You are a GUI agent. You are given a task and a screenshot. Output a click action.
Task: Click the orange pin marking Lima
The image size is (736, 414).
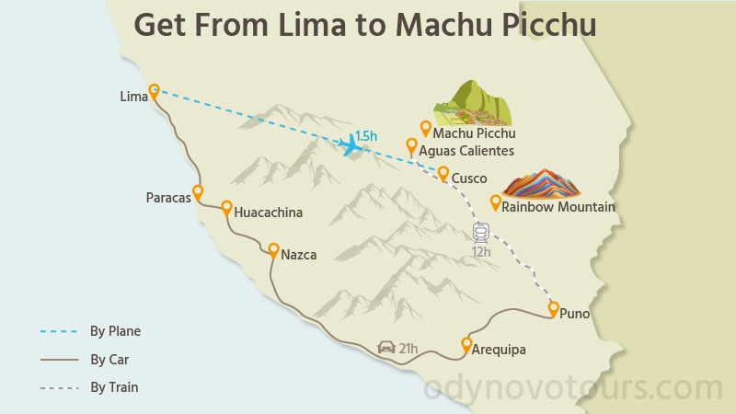point(155,91)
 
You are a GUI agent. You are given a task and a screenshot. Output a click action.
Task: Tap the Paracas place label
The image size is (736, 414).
point(168,198)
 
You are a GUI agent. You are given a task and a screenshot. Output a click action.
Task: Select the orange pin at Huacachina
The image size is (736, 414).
point(226,208)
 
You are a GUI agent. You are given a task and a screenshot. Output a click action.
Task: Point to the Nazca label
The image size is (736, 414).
point(299,255)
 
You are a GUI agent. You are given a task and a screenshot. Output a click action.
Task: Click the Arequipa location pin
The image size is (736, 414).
point(466,345)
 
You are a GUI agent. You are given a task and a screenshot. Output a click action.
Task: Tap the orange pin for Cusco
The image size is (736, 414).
point(443,173)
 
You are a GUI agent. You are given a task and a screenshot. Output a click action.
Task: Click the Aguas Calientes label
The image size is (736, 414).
point(466,151)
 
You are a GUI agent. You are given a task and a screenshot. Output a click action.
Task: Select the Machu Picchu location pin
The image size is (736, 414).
point(426,128)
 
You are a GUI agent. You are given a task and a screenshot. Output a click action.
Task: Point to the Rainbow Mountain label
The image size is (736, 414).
point(558,207)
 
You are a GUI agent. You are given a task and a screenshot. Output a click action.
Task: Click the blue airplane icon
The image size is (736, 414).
point(350,145)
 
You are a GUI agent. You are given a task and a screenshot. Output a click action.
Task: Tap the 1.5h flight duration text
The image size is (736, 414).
point(366,136)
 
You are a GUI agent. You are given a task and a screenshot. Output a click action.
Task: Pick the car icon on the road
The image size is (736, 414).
point(386,348)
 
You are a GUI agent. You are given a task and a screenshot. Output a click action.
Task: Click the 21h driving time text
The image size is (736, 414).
point(408,348)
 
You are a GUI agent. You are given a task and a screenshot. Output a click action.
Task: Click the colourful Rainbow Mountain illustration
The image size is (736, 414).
point(541,182)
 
